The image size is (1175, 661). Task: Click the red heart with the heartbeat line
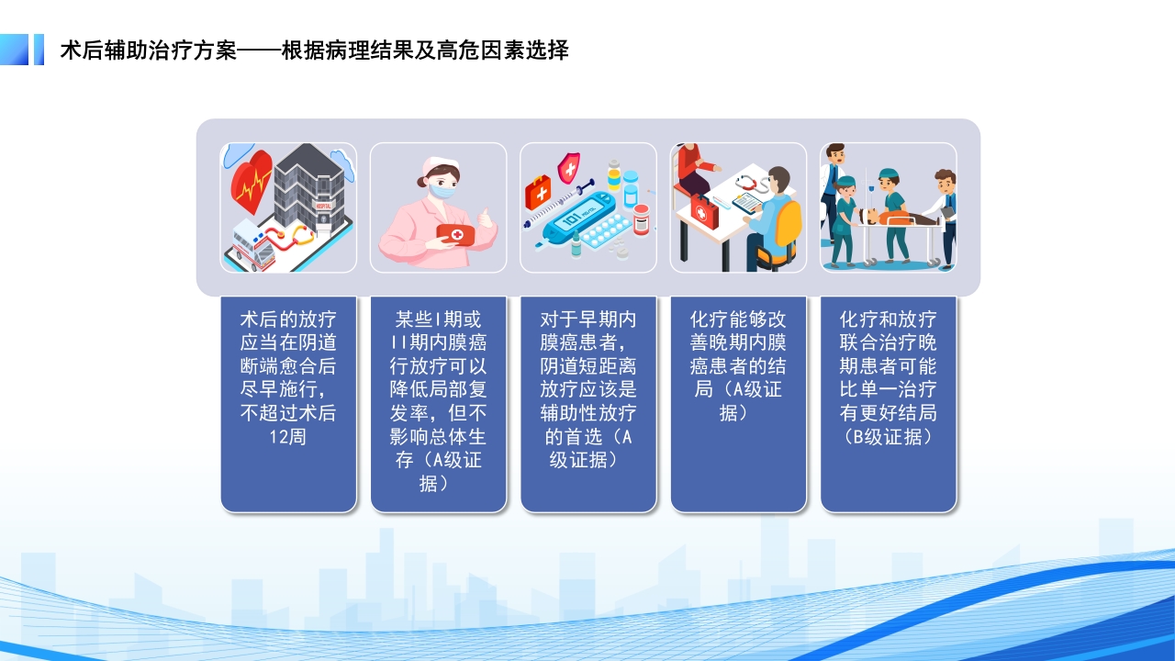251,183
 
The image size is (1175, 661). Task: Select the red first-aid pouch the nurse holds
454,235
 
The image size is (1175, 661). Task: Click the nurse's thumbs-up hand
485,221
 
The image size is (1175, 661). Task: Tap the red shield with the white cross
569,167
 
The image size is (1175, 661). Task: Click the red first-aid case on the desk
704,212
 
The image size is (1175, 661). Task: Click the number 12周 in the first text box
288,437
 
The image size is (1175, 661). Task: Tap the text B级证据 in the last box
888,437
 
